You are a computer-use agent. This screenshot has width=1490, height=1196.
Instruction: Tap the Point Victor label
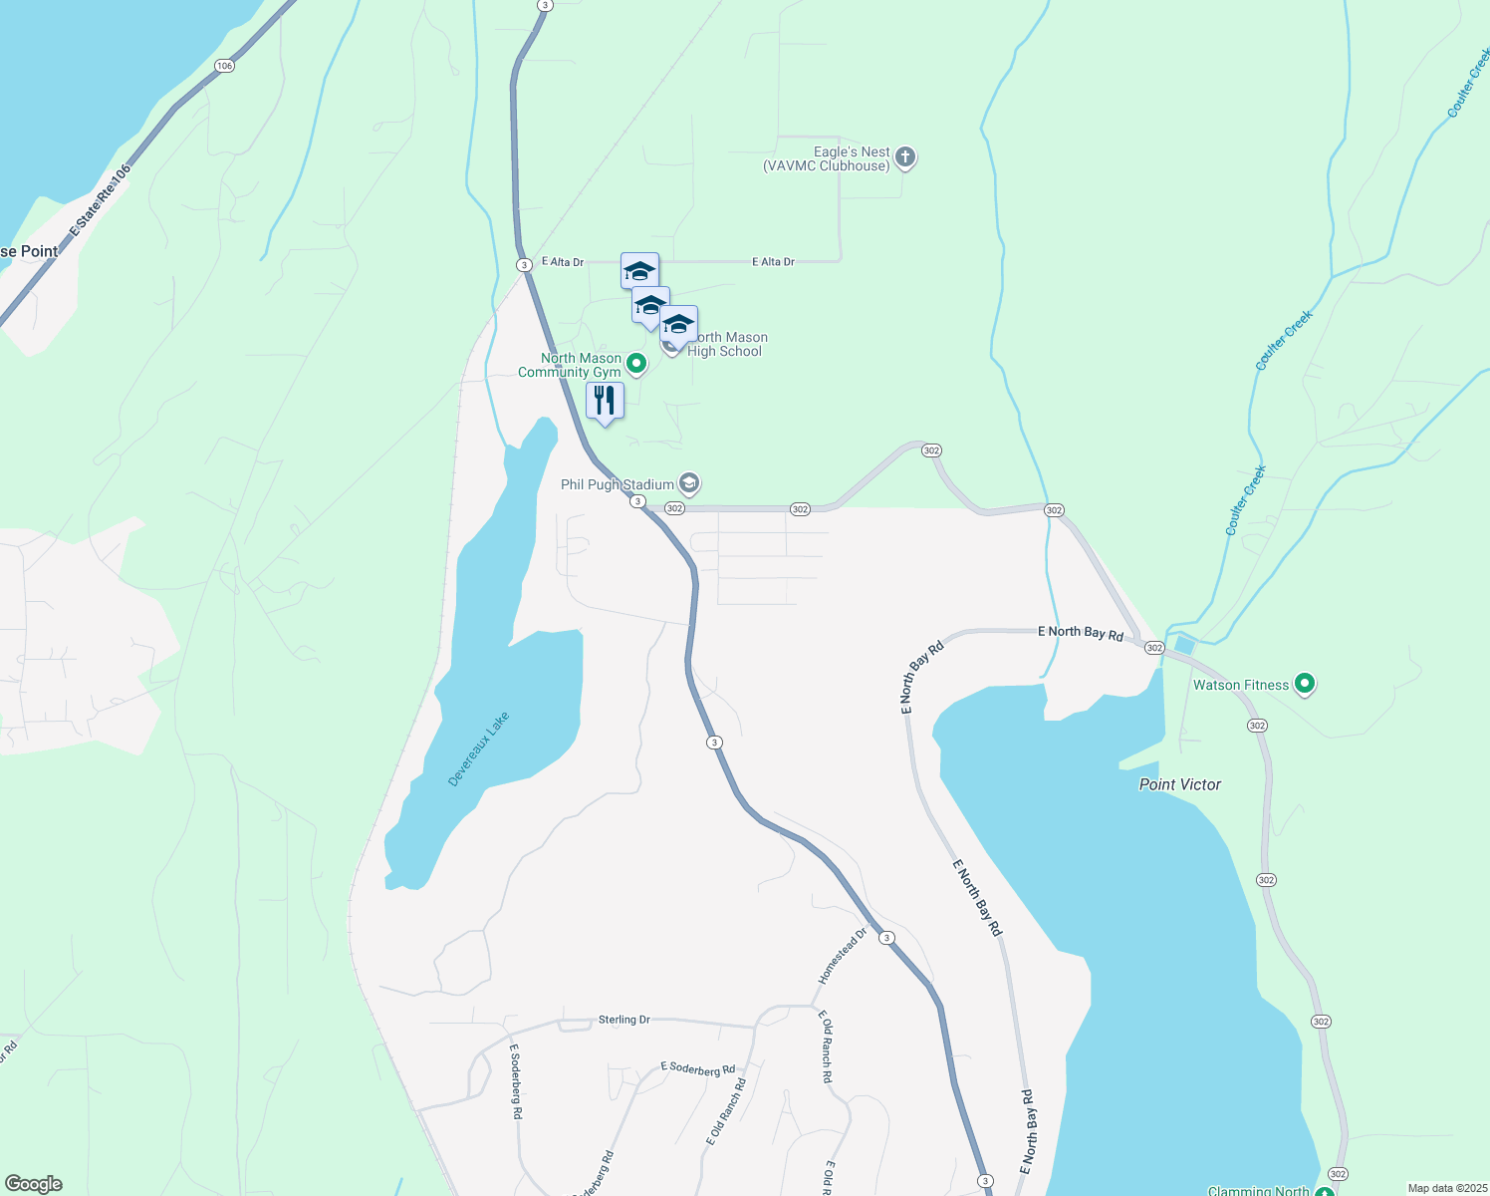[x=1179, y=784]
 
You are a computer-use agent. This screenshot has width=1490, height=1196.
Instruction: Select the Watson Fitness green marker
[x=1305, y=685]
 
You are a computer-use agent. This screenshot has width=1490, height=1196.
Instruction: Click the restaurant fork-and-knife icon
[x=605, y=401]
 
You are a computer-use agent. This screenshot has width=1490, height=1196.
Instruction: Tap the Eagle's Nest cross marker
[x=904, y=156]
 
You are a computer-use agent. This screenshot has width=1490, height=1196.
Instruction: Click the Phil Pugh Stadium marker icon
[x=689, y=484]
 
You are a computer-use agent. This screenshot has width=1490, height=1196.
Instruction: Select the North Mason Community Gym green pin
[x=636, y=364]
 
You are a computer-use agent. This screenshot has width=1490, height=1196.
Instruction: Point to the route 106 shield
[x=224, y=66]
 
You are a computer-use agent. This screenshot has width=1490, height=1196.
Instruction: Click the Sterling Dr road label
[x=623, y=1020]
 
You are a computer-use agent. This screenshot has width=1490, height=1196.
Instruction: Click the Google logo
[x=33, y=1184]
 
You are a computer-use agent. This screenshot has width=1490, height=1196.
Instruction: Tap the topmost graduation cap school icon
[x=639, y=270]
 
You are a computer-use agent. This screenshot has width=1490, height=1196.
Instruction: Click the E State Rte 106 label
[x=100, y=201]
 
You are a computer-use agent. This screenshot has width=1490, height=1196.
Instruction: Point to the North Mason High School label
[x=726, y=344]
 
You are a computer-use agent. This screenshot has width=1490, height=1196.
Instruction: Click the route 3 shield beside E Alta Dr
[x=523, y=265]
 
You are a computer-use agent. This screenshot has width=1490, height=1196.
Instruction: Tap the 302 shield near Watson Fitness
[x=1257, y=726]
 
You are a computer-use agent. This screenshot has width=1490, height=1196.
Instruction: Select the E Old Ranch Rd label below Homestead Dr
[x=826, y=1046]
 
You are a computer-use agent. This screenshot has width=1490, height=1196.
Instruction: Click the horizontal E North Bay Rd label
[x=1081, y=632]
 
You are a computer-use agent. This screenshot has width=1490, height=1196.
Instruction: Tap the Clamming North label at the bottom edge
[x=1258, y=1190]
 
